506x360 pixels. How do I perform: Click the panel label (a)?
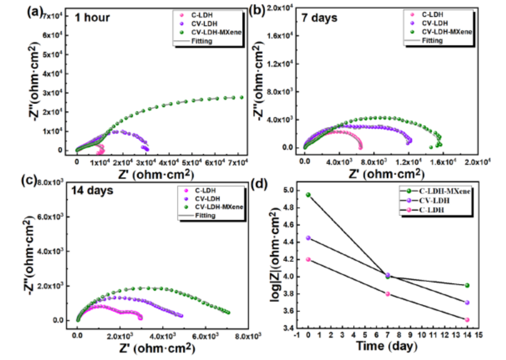pos(35,11)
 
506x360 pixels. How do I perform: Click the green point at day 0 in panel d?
pos(308,195)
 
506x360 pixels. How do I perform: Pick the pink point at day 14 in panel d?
pos(467,319)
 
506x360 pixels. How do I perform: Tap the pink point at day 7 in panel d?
pos(388,294)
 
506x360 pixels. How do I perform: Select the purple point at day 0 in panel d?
pos(308,238)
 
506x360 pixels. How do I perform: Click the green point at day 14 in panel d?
pos(467,285)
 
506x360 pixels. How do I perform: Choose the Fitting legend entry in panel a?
pos(199,41)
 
